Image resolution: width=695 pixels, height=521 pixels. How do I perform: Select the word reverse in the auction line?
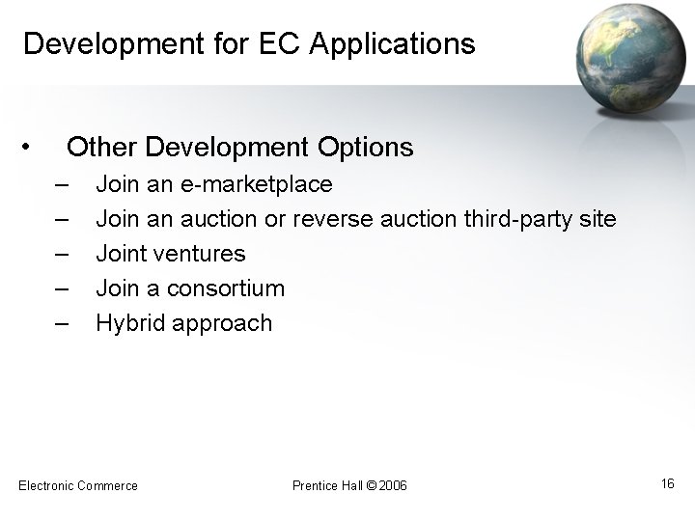click(x=332, y=219)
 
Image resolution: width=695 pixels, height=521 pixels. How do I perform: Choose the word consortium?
click(x=227, y=288)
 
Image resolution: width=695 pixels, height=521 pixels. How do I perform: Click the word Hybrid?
click(x=130, y=323)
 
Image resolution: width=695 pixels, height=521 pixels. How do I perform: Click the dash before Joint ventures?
click(x=63, y=254)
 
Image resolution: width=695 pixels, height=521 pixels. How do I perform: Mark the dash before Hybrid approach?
click(x=63, y=323)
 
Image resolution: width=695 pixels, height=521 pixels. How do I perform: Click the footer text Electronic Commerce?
click(x=78, y=485)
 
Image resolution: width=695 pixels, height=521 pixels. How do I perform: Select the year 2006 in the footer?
click(x=393, y=485)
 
